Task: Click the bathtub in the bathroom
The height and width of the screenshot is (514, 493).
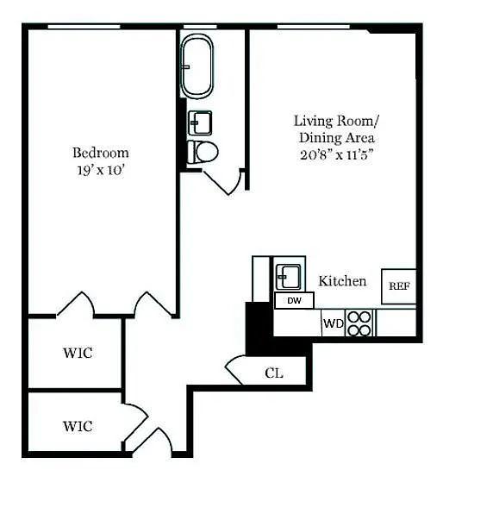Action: coord(197,66)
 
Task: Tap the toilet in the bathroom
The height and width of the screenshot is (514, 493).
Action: coord(203,152)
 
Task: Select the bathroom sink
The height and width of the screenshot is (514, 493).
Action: coord(200,123)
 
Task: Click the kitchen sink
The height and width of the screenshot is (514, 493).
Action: coord(288,277)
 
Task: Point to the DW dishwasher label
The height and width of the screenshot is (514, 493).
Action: coord(294,301)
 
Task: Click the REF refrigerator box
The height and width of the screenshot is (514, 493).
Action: coord(399,286)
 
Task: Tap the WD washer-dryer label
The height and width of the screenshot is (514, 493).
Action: coord(334,323)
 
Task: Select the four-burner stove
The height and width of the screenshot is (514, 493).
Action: coord(359,323)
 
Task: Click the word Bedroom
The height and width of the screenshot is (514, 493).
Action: coord(101,153)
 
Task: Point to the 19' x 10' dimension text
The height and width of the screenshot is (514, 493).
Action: coord(101,170)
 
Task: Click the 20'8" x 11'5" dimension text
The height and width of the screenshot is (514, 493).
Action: coord(337,154)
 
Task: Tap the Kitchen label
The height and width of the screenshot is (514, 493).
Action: coord(342,281)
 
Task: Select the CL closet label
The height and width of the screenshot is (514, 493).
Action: coord(274,373)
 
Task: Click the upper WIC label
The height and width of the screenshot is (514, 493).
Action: coord(78,353)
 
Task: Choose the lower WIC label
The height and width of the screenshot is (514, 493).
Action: coord(78,427)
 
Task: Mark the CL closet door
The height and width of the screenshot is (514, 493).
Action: coord(234,370)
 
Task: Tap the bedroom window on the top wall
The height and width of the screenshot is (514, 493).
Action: coord(84,27)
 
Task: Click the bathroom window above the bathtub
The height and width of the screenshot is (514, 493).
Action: coord(200,27)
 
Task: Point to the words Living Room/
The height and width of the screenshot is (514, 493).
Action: coord(336,121)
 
